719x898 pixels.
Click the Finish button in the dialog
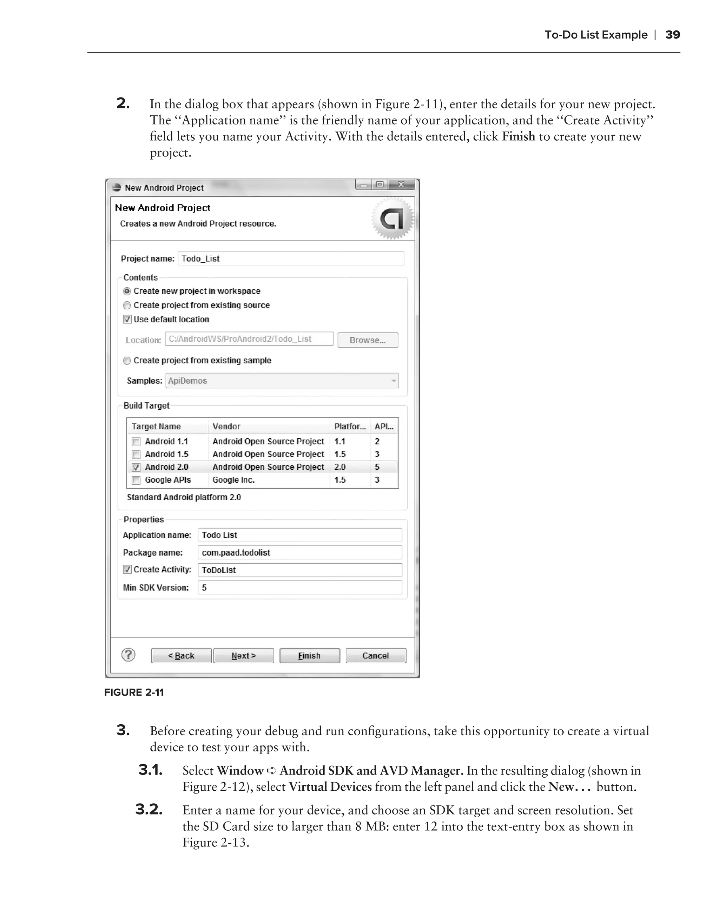coord(309,656)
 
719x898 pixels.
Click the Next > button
coord(243,656)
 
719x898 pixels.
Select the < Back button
coord(181,656)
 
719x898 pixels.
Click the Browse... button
coord(367,340)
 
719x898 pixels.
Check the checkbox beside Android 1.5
coord(136,454)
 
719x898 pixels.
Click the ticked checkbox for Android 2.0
coord(136,467)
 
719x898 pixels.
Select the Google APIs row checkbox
coord(136,480)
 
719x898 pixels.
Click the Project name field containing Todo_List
coord(291,258)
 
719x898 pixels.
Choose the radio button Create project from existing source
coord(127,305)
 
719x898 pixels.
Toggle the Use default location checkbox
coord(127,320)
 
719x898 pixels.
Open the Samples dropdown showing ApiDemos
coord(282,381)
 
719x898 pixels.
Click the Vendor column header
coord(226,427)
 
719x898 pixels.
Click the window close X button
coord(401,185)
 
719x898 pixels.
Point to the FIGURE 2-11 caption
coord(134,692)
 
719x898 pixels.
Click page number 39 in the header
coord(672,35)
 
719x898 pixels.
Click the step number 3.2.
coord(149,809)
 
